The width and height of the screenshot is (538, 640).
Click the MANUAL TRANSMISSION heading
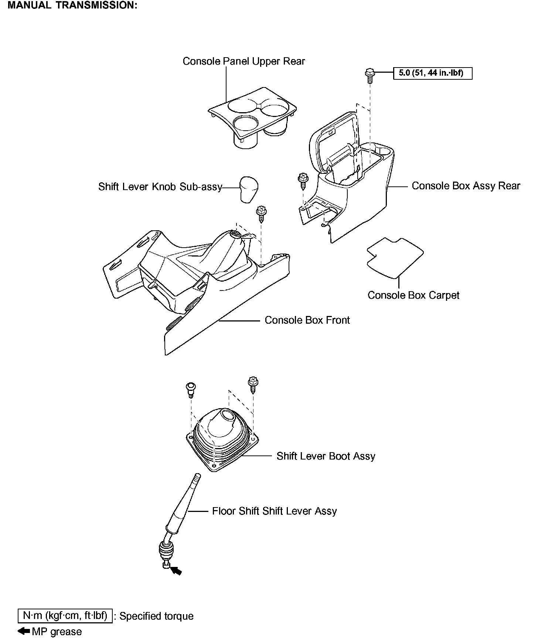(72, 6)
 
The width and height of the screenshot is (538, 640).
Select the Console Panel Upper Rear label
(244, 61)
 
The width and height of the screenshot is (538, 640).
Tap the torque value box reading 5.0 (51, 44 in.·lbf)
(433, 73)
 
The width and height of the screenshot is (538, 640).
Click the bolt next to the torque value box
(369, 75)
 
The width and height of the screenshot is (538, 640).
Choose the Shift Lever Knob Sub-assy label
(160, 187)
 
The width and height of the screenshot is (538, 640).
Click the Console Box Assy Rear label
(466, 186)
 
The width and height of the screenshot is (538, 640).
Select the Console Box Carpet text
(413, 295)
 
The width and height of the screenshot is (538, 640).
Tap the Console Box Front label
(307, 320)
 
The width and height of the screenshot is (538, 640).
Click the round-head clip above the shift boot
(190, 389)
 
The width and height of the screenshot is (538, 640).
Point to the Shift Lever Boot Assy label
(326, 456)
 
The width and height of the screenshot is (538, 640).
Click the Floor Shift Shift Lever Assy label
(274, 511)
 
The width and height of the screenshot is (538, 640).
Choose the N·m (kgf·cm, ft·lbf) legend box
(65, 616)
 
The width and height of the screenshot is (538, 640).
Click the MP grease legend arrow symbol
(24, 631)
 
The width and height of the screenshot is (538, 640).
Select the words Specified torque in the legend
(156, 616)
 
